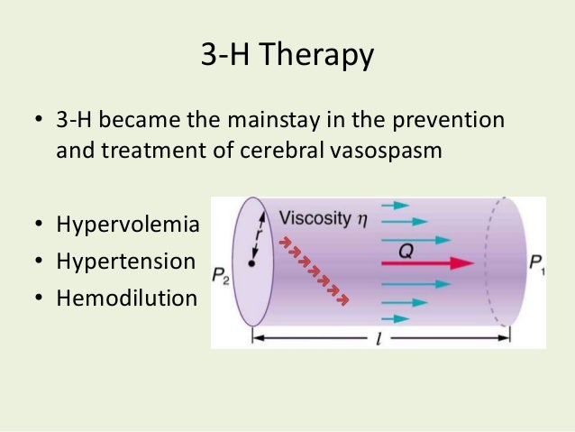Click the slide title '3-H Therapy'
pos(287,56)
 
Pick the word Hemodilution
pos(125,297)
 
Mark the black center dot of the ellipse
pos(253,265)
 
